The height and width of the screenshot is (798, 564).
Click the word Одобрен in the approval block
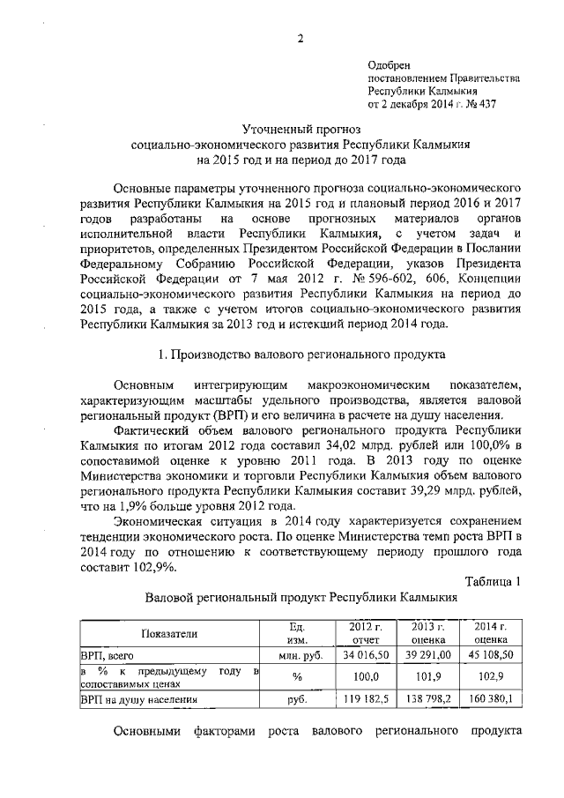[389, 64]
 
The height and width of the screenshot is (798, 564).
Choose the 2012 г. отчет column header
[360, 632]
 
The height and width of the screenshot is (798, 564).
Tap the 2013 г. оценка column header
[426, 632]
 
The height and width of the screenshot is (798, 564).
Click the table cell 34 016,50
[360, 655]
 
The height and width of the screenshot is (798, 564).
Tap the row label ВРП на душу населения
[138, 699]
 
